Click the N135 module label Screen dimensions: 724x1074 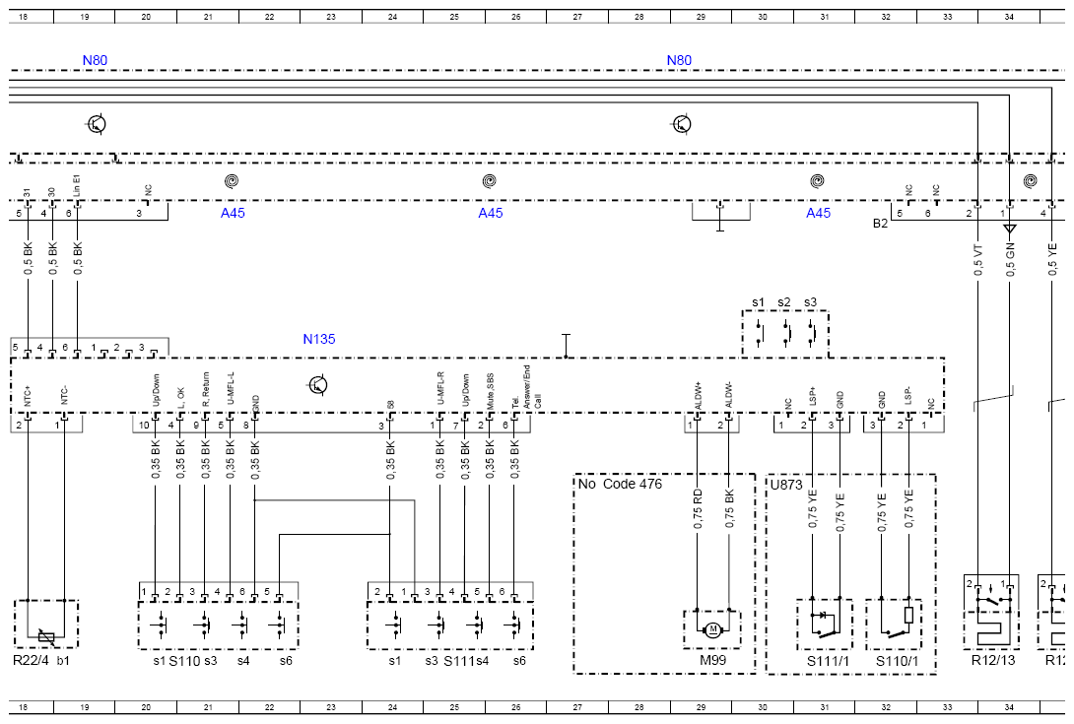coord(318,340)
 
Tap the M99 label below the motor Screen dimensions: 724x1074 coord(712,660)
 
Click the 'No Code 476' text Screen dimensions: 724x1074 coord(620,484)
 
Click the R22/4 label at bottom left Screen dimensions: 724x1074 coord(31,660)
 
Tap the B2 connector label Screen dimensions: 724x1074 coord(880,224)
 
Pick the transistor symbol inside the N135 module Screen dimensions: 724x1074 coord(317,384)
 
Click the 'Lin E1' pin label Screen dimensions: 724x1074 coord(77,184)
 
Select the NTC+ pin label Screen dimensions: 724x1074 coord(28,397)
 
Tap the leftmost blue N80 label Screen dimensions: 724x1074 coord(95,60)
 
